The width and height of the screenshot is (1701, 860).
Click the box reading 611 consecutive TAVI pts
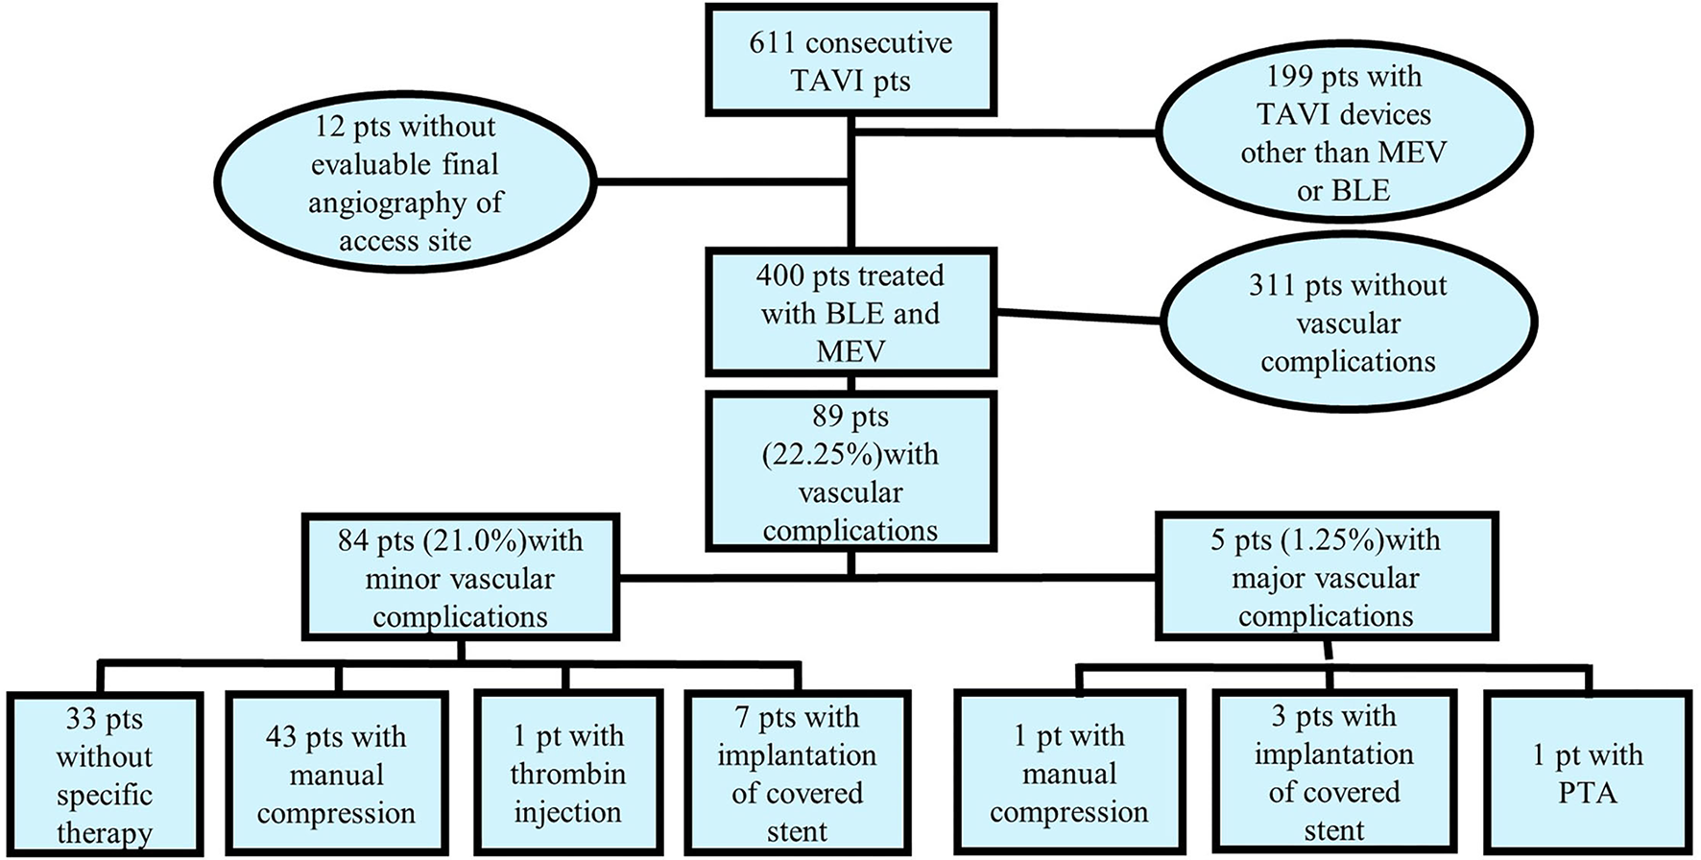point(850,60)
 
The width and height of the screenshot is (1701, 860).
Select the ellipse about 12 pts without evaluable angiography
point(404,182)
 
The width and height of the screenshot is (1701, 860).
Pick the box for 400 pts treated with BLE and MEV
point(850,313)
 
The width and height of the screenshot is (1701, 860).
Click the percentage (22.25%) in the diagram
point(824,455)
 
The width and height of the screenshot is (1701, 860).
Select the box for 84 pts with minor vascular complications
point(460,578)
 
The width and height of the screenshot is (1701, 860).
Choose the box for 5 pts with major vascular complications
point(1325,578)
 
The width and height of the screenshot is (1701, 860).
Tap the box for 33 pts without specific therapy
point(104,774)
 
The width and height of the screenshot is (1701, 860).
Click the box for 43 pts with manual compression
point(336,774)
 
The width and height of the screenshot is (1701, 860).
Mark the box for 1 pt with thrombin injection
point(567,774)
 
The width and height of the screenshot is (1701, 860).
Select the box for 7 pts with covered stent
point(797,774)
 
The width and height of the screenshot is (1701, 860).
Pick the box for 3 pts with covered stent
point(1333,772)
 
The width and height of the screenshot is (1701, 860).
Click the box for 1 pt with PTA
point(1587,772)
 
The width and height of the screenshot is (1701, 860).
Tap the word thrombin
point(567,774)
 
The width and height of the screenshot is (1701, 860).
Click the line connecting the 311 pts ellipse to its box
point(1077,315)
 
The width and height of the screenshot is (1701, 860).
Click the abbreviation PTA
point(1588,793)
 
